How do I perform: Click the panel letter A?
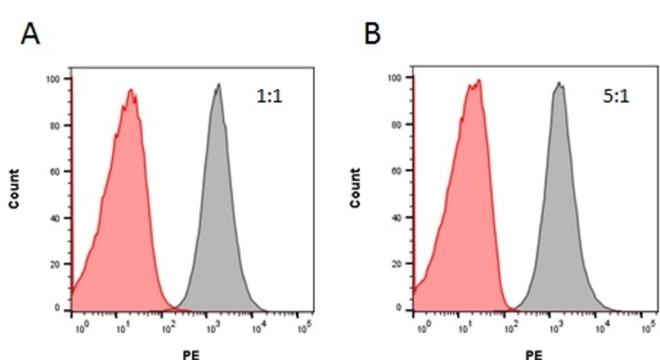pos(30,35)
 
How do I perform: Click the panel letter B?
pos(372,35)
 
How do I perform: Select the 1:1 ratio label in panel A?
pos(269,97)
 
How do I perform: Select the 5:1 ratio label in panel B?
pos(615,96)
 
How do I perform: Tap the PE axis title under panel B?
pos(533,355)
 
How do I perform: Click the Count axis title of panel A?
pos(13,189)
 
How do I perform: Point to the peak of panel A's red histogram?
pos(130,90)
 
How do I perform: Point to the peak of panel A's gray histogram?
pos(218,84)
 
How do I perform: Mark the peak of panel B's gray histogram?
pos(559,83)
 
